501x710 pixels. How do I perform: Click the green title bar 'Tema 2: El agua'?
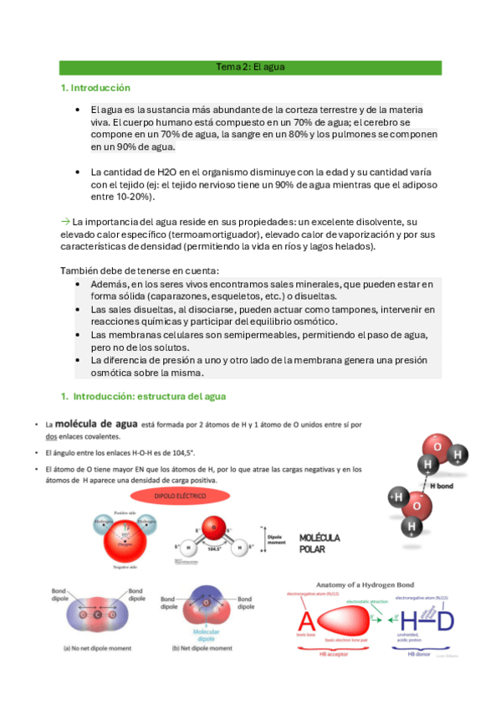click(251, 68)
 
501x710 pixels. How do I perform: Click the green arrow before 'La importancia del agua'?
click(66, 220)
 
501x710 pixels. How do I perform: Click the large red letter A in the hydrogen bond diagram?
click(307, 620)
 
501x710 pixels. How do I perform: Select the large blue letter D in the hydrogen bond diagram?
click(447, 620)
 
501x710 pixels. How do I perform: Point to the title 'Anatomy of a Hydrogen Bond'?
click(371, 584)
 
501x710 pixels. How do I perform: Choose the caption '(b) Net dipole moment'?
click(202, 648)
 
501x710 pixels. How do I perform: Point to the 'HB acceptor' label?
click(317, 653)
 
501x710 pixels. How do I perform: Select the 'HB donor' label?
click(419, 653)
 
